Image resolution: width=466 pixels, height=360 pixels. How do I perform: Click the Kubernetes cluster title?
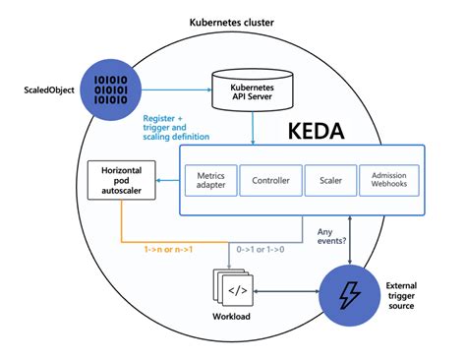[234, 22]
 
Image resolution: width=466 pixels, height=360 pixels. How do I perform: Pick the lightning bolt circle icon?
[349, 292]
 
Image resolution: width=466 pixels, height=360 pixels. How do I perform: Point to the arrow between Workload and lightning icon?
[290, 292]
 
